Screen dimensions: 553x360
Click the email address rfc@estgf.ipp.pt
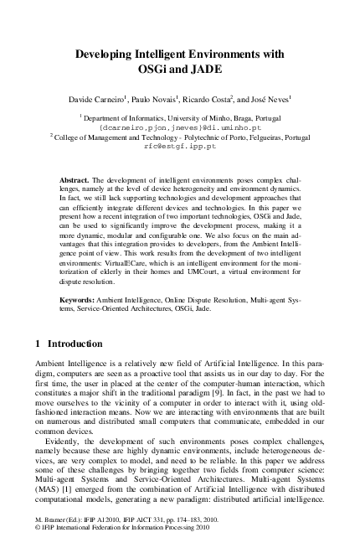(180, 144)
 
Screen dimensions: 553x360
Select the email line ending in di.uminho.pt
(180, 126)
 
